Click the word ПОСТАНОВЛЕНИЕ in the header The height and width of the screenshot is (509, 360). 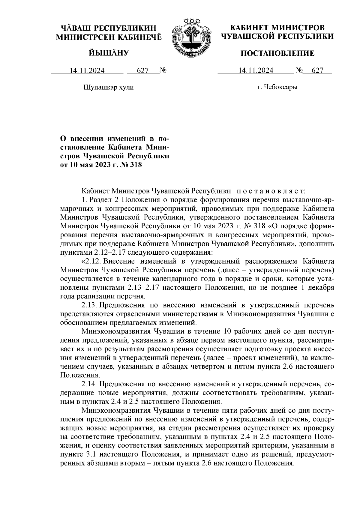coord(277,54)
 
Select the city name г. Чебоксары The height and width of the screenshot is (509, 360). coord(277,87)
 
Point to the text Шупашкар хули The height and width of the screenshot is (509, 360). coord(108,87)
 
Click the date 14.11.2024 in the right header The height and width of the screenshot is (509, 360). coord(256,70)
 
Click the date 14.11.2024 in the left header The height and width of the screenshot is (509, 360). coord(87,70)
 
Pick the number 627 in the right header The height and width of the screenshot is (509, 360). coord(318,70)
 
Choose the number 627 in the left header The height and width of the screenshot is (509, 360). coord(143,70)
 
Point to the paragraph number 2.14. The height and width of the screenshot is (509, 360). coord(88,384)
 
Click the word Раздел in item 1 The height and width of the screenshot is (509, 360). coord(100,199)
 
